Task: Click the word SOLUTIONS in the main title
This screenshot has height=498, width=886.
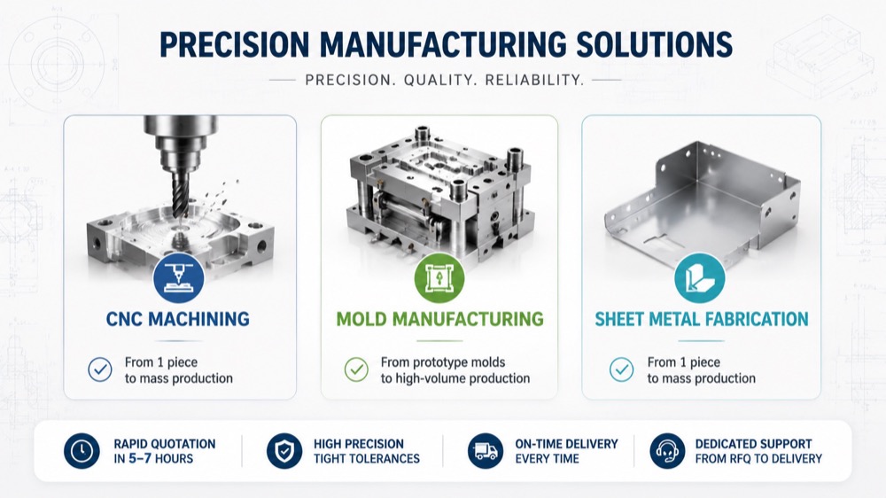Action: [x=654, y=44]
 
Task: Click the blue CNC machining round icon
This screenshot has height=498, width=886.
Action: [x=179, y=278]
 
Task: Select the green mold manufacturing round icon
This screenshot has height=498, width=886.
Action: [x=439, y=278]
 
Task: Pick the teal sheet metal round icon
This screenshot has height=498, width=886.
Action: [x=700, y=278]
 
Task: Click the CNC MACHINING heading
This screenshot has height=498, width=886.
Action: [x=177, y=319]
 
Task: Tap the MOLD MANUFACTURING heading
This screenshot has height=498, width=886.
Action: [x=439, y=319]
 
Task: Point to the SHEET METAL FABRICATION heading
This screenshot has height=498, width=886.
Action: [x=701, y=319]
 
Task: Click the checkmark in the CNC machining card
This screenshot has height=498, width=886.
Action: [x=100, y=370]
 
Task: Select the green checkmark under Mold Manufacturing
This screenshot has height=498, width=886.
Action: [x=356, y=370]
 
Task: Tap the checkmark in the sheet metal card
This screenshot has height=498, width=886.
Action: [x=622, y=370]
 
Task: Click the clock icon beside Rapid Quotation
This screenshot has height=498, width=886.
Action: [x=82, y=451]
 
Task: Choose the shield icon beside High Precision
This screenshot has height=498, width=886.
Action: [x=284, y=451]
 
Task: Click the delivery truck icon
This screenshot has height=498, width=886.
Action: [x=486, y=451]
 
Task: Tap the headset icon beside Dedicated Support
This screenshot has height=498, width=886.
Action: [x=667, y=451]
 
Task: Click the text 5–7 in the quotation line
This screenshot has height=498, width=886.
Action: [x=140, y=458]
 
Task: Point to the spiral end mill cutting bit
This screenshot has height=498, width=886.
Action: [x=180, y=193]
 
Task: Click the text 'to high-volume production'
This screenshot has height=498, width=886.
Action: [x=455, y=378]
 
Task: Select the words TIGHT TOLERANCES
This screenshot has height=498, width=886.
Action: [x=367, y=458]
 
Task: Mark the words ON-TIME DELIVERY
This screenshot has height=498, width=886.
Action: [x=567, y=444]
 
